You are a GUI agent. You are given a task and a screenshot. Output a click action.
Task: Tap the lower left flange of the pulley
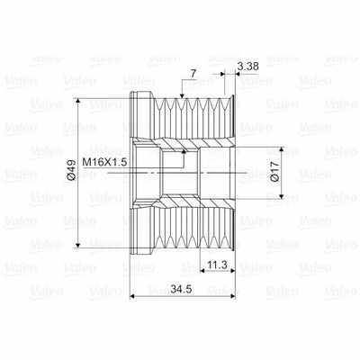[140, 234]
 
